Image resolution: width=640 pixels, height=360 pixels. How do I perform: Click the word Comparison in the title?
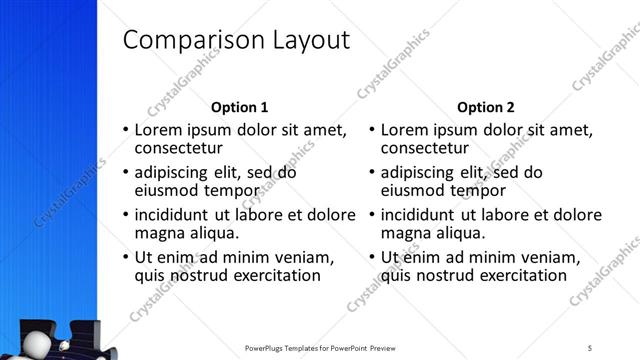tap(186, 41)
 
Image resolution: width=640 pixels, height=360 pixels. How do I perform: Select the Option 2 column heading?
tap(486, 107)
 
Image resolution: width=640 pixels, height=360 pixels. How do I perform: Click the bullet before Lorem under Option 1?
tap(125, 130)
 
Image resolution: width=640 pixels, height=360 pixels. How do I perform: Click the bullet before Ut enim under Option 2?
tap(371, 257)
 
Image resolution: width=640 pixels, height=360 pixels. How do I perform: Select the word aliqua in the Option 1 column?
tap(211, 233)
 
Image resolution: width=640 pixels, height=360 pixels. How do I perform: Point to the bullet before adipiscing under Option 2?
tap(371, 172)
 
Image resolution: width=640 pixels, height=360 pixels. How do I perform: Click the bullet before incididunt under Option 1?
tap(125, 215)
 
